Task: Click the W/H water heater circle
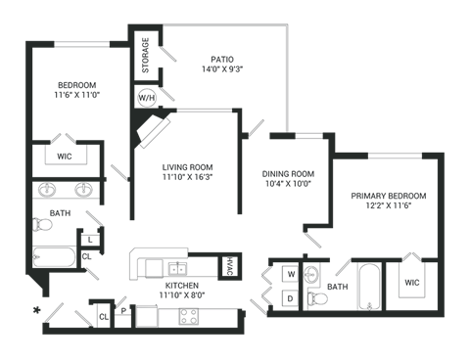[x=145, y=98]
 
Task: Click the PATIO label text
[x=220, y=64]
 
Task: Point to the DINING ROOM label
[x=287, y=177]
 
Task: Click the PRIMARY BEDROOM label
[x=388, y=201]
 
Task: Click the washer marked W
[x=290, y=275]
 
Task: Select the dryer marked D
[x=290, y=296]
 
